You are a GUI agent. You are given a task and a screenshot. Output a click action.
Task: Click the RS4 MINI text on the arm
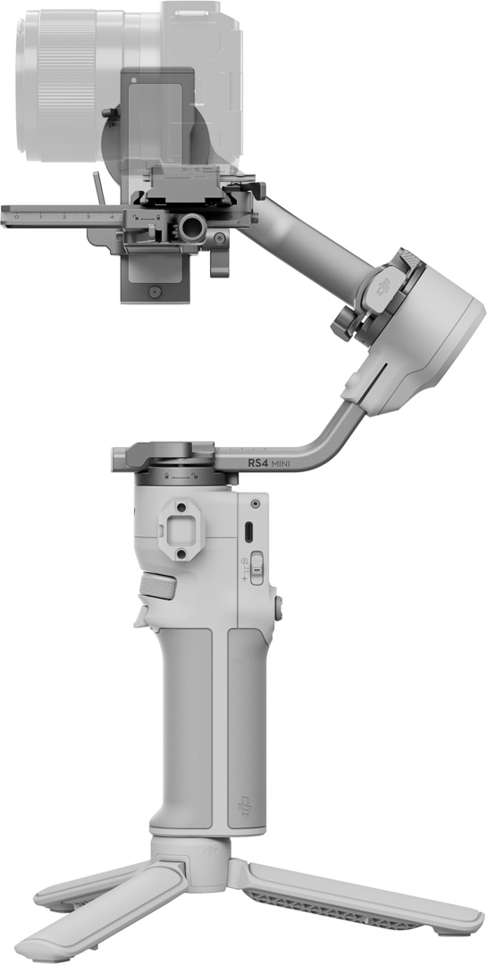pos(276,462)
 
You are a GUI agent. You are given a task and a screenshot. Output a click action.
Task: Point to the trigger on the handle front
pos(140,616)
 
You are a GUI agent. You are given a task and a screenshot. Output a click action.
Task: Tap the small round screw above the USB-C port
pos(256,504)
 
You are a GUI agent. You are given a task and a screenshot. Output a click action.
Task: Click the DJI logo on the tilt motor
pos(385,288)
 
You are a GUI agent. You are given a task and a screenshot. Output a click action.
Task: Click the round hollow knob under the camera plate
pos(190,229)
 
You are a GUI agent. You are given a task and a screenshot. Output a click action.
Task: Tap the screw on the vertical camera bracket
pos(156,292)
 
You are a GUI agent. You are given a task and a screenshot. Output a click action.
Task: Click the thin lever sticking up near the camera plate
pos(98,187)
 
